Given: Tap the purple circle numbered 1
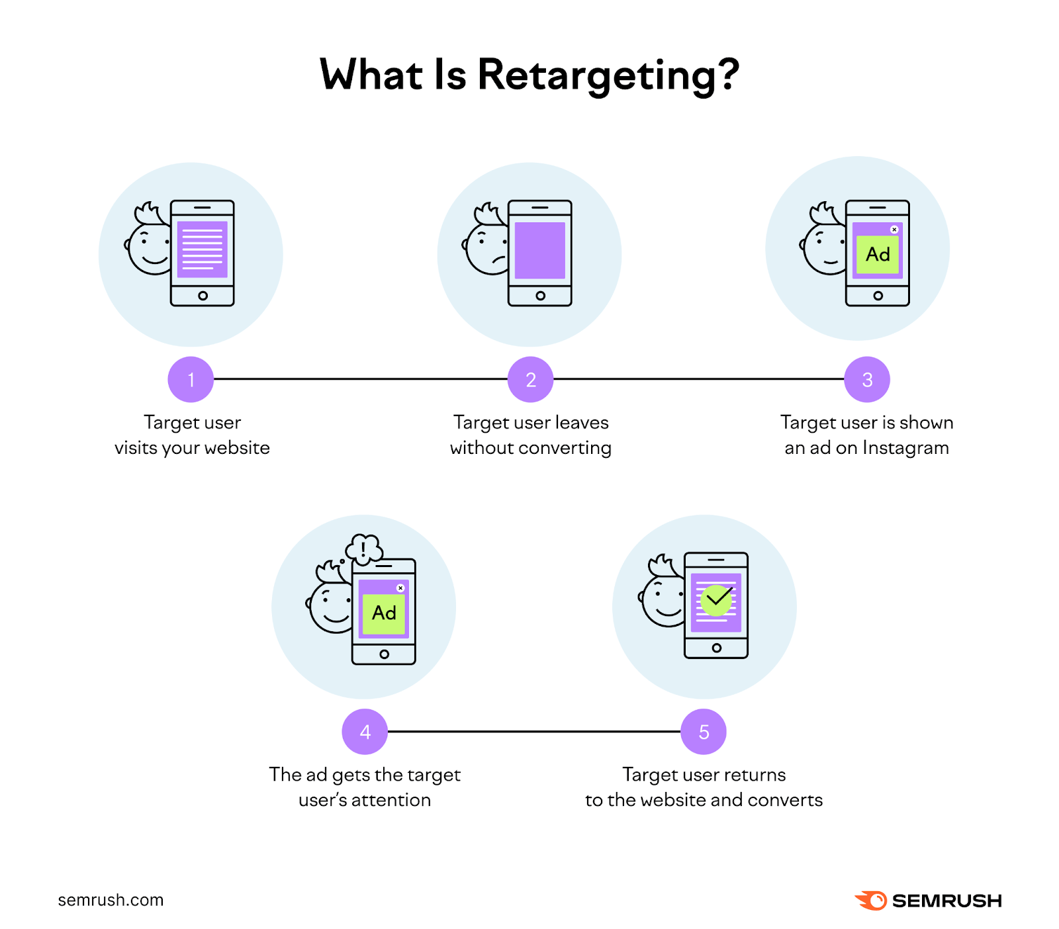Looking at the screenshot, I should (191, 380).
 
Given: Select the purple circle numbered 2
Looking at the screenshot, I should (530, 380).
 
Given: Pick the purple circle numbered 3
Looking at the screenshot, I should (867, 380).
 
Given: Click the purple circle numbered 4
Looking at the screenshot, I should (365, 732).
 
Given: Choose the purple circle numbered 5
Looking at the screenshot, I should (704, 732).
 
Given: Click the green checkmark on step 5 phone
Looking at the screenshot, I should (717, 600).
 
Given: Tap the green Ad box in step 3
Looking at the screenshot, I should (878, 255).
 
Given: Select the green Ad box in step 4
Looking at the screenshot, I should (384, 613).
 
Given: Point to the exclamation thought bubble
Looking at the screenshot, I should (364, 549).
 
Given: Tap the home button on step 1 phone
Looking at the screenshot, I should (203, 296).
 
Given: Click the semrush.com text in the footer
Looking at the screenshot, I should (111, 900).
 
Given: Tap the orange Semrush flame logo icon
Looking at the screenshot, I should (871, 901).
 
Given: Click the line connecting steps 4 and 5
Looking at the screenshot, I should (534, 732).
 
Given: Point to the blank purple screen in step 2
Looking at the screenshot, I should (540, 250).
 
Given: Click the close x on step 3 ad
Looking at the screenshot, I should (894, 230).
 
